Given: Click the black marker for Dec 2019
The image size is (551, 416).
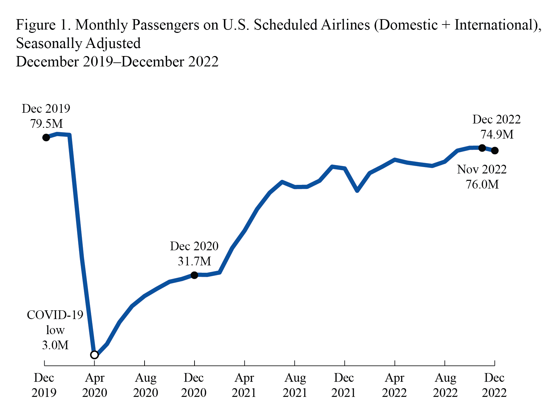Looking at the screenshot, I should tap(46, 138).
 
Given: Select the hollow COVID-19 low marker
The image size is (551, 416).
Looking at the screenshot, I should tap(95, 355).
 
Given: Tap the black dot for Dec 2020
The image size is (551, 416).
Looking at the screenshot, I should tap(194, 275).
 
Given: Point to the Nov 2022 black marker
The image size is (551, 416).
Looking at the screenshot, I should tap(482, 148).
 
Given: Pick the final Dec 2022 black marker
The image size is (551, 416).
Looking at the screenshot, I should tap(495, 151).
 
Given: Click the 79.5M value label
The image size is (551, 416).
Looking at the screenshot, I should tap(46, 124).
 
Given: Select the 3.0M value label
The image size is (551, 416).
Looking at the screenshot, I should tap(55, 345).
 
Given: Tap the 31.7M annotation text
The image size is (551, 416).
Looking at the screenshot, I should tap(194, 261).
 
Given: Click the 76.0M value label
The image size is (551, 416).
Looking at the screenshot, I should tap(482, 185).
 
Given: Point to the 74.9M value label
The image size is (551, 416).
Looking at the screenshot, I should tap(497, 135).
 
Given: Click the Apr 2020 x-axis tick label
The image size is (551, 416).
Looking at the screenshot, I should tap(95, 385).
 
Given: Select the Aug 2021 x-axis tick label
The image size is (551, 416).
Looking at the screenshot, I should tap(295, 385).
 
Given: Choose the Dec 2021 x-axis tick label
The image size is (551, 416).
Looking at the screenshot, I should tap(344, 385).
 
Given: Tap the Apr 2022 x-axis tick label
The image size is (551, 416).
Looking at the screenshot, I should tap(394, 385).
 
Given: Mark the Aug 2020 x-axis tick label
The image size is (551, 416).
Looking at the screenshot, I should tap(145, 385).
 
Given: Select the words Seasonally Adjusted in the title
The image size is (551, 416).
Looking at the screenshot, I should tap(78, 44).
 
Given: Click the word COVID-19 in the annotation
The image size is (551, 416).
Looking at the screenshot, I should tap(55, 315).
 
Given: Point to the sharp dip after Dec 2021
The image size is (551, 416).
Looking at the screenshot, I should tap(357, 191).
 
